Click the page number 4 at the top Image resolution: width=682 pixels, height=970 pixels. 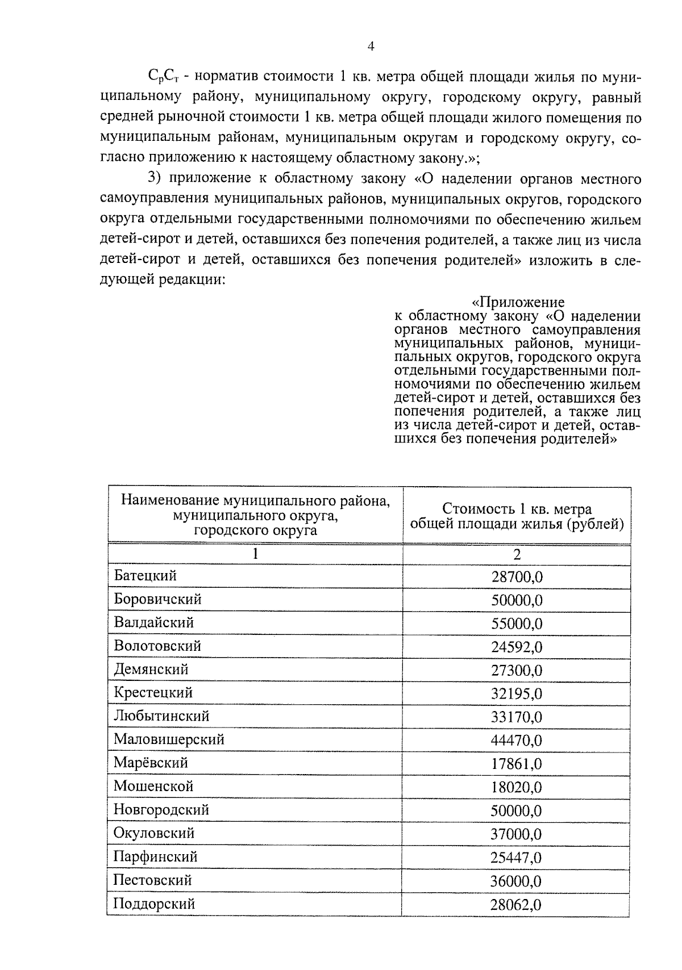371,47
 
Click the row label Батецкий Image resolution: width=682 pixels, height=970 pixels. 145,576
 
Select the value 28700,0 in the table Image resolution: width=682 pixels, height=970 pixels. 517,578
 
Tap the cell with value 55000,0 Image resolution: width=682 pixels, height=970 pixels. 517,624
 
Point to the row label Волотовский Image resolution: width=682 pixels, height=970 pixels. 157,646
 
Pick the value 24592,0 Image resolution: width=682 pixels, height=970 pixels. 517,647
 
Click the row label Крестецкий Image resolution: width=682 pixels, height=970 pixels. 153,693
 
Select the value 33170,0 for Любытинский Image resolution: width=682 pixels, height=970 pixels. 517,717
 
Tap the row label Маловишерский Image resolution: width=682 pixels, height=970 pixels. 169,740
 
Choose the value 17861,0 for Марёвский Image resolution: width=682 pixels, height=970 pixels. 517,764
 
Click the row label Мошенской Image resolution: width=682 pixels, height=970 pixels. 153,787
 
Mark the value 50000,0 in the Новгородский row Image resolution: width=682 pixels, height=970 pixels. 517,811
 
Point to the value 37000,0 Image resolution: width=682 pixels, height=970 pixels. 517,834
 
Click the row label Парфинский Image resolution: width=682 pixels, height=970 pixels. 155,857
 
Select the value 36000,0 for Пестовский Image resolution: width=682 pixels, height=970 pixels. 517,881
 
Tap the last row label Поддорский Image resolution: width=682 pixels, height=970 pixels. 154,904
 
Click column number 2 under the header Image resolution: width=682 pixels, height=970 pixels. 517,554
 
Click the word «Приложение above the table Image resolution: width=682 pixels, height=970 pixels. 518,302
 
